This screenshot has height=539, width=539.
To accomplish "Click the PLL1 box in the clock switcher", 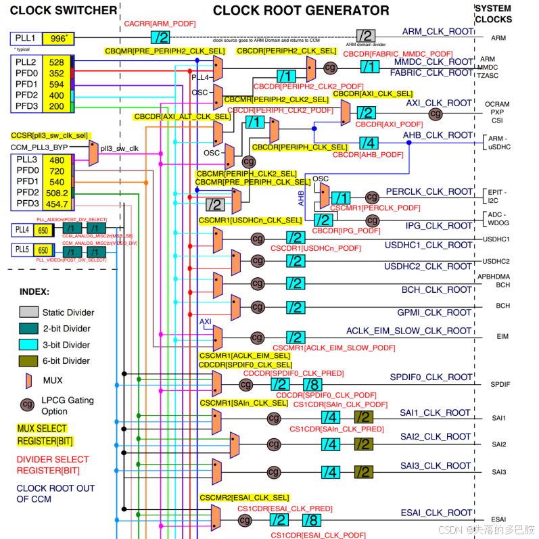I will tap(26, 39).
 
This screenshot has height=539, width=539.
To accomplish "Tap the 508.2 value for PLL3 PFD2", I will tap(56, 193).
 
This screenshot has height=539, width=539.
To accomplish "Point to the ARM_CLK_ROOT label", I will tap(437, 32).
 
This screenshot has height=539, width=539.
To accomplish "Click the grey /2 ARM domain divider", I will tap(365, 36).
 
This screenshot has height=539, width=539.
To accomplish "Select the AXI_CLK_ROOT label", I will tap(439, 103).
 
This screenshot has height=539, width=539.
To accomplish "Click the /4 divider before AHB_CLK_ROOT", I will tap(368, 143).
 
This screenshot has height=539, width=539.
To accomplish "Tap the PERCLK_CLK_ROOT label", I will tap(429, 192).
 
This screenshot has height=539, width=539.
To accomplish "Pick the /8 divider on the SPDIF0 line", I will tap(312, 385).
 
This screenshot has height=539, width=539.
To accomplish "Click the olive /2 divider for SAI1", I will tap(363, 417).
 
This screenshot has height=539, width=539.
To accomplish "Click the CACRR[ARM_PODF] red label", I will tap(160, 24).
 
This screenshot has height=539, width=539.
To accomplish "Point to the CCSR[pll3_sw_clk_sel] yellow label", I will tap(49, 136).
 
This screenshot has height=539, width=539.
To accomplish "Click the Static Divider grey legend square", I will tap(28, 312).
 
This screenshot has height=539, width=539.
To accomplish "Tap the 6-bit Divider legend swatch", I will tap(28, 361).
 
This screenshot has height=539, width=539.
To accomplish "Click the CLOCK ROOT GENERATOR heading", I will tap(301, 10).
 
